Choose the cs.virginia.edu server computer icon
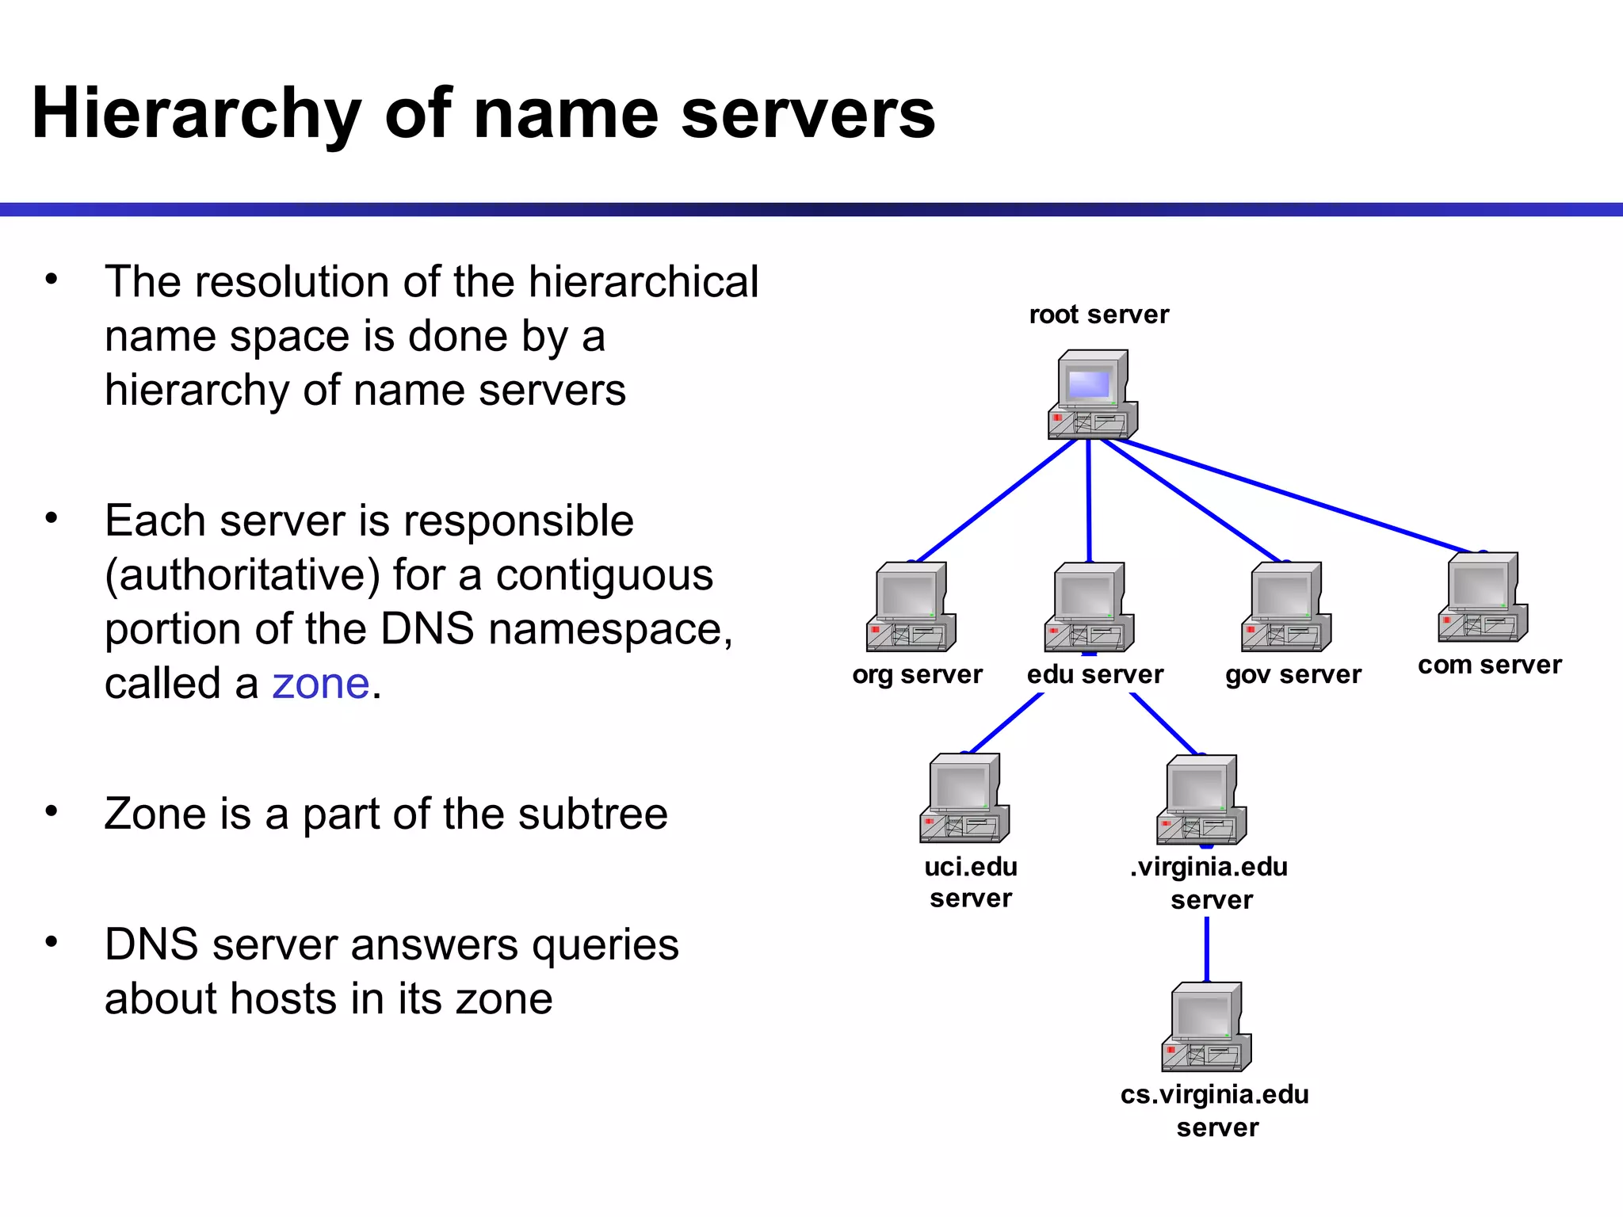point(1206,1028)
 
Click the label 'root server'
point(1098,315)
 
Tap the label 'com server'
point(1489,665)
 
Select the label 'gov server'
point(1293,674)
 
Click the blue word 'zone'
point(320,684)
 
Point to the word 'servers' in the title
point(808,115)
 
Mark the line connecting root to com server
point(1300,496)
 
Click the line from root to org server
point(995,501)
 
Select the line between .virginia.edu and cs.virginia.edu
point(1206,949)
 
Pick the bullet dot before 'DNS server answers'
point(52,941)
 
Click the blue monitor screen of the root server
point(1088,385)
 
